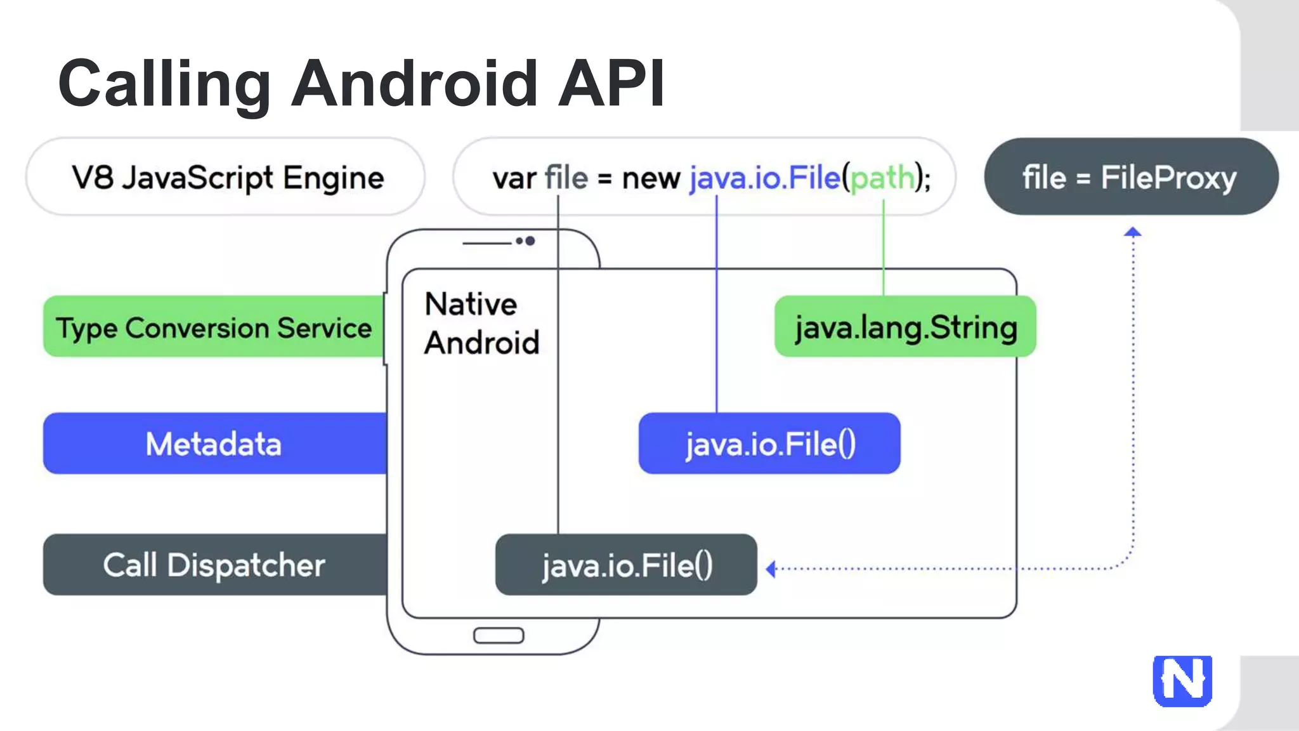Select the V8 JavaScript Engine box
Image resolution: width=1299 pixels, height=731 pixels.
click(x=226, y=177)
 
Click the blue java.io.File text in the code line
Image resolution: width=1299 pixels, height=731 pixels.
click(x=765, y=178)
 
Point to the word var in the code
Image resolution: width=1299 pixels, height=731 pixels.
click(x=514, y=178)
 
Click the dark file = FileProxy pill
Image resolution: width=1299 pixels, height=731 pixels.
click(x=1130, y=177)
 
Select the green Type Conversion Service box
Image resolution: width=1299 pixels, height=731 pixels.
click(x=214, y=327)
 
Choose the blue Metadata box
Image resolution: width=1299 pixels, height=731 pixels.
click(x=214, y=444)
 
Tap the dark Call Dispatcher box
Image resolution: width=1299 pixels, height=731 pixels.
click(x=214, y=565)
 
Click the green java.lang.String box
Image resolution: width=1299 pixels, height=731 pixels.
click(x=905, y=327)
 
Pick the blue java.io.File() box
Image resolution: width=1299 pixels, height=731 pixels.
click(x=769, y=444)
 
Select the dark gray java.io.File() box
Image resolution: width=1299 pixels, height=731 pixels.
click(x=626, y=565)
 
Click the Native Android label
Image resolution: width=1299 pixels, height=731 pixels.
click(x=481, y=324)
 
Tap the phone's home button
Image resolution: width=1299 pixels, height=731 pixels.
click(x=499, y=635)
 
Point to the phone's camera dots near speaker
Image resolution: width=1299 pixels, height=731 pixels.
click(x=525, y=241)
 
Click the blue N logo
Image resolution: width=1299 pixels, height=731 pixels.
click(x=1182, y=681)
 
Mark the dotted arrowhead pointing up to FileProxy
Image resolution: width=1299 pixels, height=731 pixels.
click(x=1133, y=232)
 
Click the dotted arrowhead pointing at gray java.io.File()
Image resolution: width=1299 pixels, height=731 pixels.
click(x=771, y=569)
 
